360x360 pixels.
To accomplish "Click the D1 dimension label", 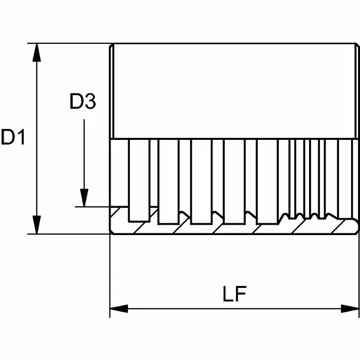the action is coord(13,137).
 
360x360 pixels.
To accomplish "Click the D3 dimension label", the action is coord(83,101).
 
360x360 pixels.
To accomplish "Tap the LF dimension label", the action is coord(235,294).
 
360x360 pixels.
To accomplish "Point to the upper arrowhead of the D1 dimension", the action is coord(37,52).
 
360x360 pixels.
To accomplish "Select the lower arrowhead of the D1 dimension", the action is coord(37,225).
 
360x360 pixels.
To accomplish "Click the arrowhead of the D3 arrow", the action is coord(84,197).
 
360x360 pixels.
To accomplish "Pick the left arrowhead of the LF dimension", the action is coord(119,309).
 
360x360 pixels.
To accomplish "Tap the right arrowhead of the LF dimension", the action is coord(350,309).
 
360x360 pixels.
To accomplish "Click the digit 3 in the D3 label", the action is coord(90,101).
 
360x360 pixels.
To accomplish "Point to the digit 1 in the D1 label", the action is coord(21,137).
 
